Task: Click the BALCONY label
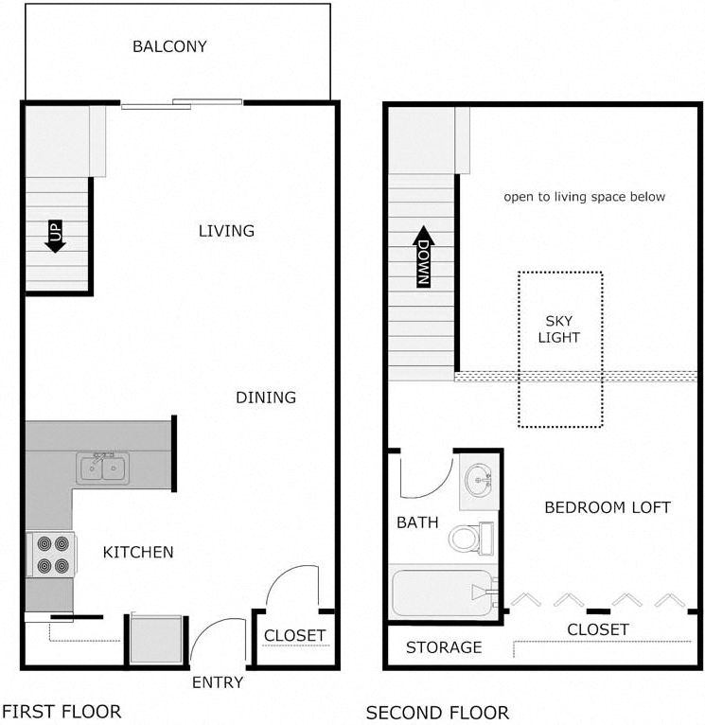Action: [169, 46]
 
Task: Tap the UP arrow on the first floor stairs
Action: [55, 236]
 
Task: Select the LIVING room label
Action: [226, 231]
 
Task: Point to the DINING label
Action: [266, 398]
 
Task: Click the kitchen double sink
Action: [102, 468]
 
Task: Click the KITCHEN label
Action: [138, 552]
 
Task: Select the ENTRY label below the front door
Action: [218, 682]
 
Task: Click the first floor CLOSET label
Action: [294, 636]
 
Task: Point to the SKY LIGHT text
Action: [558, 329]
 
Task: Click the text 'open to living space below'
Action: [584, 197]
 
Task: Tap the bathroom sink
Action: [481, 479]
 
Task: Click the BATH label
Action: [416, 522]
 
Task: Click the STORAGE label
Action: [444, 648]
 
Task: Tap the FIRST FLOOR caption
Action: [62, 711]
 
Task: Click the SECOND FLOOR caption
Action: [437, 712]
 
